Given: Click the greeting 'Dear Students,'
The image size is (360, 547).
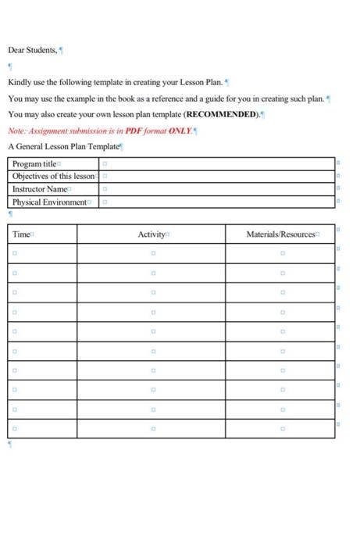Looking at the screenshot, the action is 32,50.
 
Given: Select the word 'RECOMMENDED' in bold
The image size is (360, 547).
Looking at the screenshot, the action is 222,114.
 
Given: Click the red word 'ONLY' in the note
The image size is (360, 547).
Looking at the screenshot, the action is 179,130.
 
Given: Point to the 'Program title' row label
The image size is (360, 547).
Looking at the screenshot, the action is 34,164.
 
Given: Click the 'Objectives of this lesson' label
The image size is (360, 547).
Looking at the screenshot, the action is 53,177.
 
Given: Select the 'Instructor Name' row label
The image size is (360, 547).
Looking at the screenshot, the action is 40,189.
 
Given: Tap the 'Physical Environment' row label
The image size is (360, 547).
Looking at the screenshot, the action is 49,202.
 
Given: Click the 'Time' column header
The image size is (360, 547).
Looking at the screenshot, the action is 21,234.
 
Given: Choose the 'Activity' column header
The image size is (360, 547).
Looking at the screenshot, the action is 151,234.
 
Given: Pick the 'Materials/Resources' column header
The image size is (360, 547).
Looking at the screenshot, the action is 280,234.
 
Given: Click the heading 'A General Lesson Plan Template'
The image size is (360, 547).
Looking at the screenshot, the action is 63,146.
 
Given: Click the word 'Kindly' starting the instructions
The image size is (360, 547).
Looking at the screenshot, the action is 20,82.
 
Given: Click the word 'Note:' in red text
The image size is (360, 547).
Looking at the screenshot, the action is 17,130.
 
